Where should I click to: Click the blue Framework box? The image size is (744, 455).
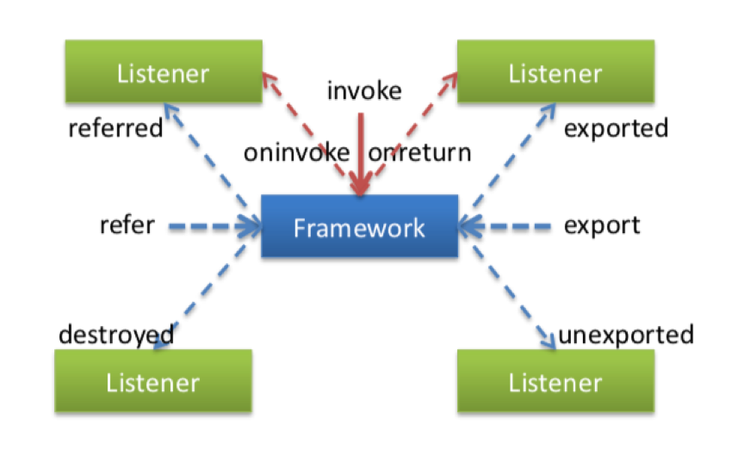pos(359,227)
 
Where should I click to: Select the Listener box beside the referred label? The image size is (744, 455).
pos(163,73)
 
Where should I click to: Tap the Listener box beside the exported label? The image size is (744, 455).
pos(555,73)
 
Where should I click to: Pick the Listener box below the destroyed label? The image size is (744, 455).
pos(152,382)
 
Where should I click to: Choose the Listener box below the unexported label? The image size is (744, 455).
pos(555,382)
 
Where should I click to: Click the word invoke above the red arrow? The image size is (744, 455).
pos(364,90)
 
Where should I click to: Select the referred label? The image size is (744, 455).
pos(115,129)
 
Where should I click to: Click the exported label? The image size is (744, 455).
pos(616,129)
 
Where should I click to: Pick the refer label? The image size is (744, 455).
pos(127,226)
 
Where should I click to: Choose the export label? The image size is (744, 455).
pos(602,226)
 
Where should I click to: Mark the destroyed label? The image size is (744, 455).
pos(115,334)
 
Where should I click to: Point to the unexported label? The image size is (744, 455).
pos(626,334)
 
